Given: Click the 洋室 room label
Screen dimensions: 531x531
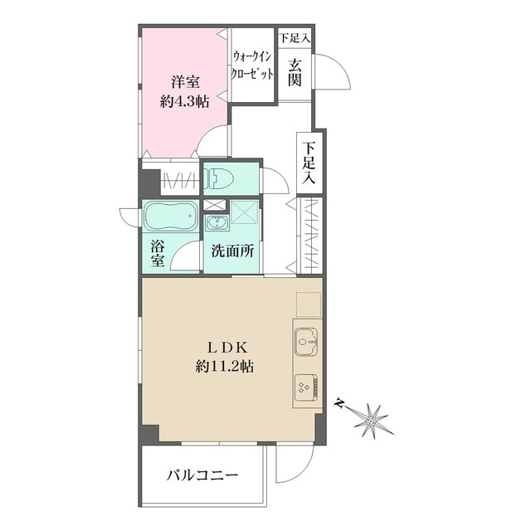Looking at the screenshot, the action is click(x=185, y=82).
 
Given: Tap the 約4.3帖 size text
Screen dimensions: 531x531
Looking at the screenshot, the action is click(x=184, y=101).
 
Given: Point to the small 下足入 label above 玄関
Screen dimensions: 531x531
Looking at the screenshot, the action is click(x=295, y=38).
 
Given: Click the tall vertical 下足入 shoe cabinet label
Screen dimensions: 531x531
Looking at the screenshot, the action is click(x=309, y=163).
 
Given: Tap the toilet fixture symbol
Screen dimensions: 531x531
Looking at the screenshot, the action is click(x=219, y=178).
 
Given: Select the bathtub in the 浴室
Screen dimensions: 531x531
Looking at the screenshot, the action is click(x=171, y=217).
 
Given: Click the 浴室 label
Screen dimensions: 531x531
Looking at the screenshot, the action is click(x=158, y=253).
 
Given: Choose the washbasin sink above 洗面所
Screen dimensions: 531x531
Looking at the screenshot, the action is click(x=216, y=223).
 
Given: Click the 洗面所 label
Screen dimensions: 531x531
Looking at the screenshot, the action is click(x=232, y=251).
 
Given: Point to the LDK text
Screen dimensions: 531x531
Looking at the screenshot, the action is click(x=228, y=348).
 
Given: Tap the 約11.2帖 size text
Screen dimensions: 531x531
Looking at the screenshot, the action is click(x=225, y=366).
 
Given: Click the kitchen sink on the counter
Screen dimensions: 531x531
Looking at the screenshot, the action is click(x=306, y=342).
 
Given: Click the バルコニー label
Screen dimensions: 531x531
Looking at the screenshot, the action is click(x=202, y=475).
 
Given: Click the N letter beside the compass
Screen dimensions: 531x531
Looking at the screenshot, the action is click(x=339, y=403).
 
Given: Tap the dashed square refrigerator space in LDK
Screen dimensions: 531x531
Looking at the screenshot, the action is click(x=309, y=304).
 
